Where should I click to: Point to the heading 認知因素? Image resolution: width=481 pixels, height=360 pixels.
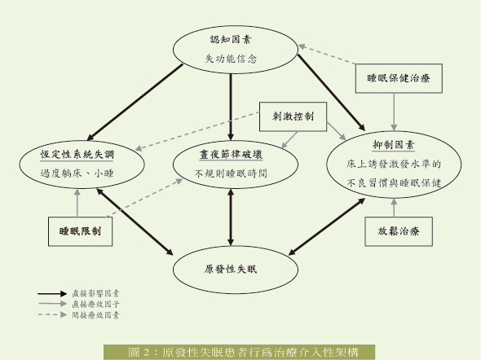pos(231,40)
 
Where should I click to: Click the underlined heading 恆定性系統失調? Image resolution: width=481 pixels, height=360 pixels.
pos(77,154)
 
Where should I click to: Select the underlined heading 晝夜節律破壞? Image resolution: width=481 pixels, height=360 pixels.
pos(231,154)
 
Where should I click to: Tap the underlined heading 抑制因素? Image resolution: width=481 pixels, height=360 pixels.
pos(394,145)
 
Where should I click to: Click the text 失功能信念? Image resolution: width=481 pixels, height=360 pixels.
pos(231,59)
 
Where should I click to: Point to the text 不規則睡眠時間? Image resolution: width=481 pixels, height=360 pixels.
pos(231,173)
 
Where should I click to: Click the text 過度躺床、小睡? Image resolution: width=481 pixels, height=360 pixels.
pos(77,173)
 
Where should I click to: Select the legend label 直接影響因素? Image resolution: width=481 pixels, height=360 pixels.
pos(95,293)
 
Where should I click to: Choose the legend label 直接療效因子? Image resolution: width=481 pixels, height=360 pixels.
pos(95,304)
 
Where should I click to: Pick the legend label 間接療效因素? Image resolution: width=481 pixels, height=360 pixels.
pos(95,315)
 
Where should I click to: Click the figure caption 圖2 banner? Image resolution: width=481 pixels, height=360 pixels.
pos(239,352)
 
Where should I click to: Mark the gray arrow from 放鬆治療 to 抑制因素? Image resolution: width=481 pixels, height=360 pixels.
pos(394,208)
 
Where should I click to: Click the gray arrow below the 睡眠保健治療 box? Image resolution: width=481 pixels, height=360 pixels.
pos(394,112)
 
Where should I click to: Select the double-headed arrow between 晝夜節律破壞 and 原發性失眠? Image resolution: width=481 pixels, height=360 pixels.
pos(231,217)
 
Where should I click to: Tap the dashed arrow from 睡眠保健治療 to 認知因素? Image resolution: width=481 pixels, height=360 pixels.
pos(327,55)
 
